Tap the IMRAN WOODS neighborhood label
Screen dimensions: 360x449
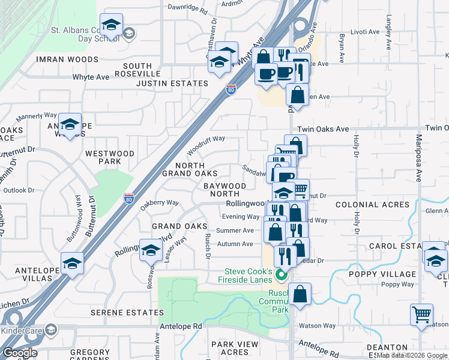67,59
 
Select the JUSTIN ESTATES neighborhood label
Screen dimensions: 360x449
172,83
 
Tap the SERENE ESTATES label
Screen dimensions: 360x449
127,313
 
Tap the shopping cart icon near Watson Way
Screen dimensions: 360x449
422,314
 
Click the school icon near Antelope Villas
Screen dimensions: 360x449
72,263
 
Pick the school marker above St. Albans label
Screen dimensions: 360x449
111,24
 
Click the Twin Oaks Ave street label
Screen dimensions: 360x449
324,129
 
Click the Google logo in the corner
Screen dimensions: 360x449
20,352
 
